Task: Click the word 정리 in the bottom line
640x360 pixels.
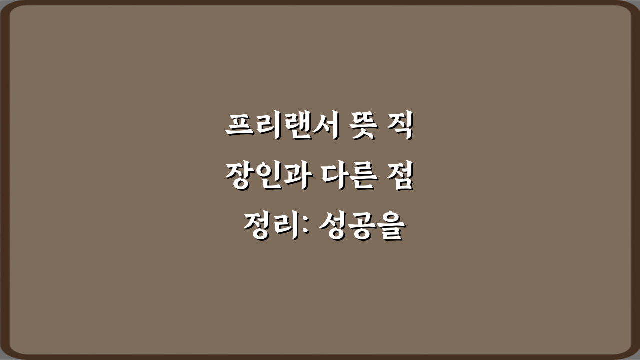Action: tap(270, 228)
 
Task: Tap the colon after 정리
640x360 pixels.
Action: tap(306, 229)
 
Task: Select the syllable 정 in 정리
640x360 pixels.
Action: tap(257, 228)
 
